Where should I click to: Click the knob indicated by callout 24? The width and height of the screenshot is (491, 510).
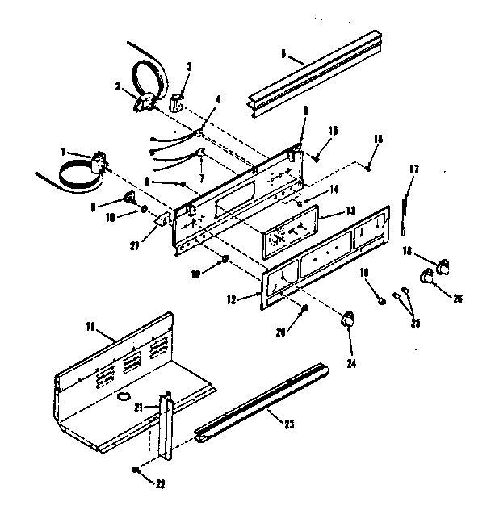coord(348,320)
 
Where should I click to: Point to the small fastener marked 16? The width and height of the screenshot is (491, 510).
coord(367,169)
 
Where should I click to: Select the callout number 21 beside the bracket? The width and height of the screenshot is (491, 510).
coord(139,408)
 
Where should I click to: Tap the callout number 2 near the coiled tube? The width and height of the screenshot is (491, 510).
coord(117,85)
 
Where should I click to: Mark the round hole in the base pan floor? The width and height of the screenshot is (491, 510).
coord(124,398)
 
